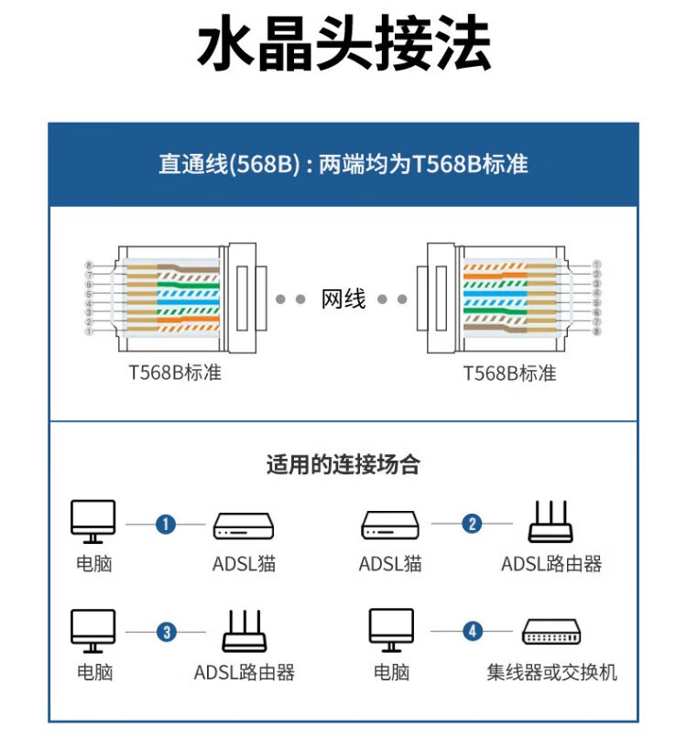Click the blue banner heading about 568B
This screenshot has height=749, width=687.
coord(343,165)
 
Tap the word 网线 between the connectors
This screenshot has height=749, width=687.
coord(343,299)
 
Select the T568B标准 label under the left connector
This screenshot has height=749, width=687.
coord(175,374)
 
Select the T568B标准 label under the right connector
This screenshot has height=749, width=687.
coord(509,374)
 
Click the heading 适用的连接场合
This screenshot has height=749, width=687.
coord(343,464)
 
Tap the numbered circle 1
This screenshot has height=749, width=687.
coord(166,524)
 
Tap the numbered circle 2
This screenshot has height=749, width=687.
coord(472,524)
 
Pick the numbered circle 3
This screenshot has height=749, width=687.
coord(166,632)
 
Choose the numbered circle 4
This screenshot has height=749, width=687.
coord(472,632)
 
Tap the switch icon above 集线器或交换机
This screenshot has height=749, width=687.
coord(551,632)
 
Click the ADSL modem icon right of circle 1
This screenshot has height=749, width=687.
coord(244,526)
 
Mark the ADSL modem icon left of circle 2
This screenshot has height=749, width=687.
coord(390,526)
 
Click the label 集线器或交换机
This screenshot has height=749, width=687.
coord(551,673)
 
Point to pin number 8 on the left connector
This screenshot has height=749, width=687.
coord(89,265)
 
